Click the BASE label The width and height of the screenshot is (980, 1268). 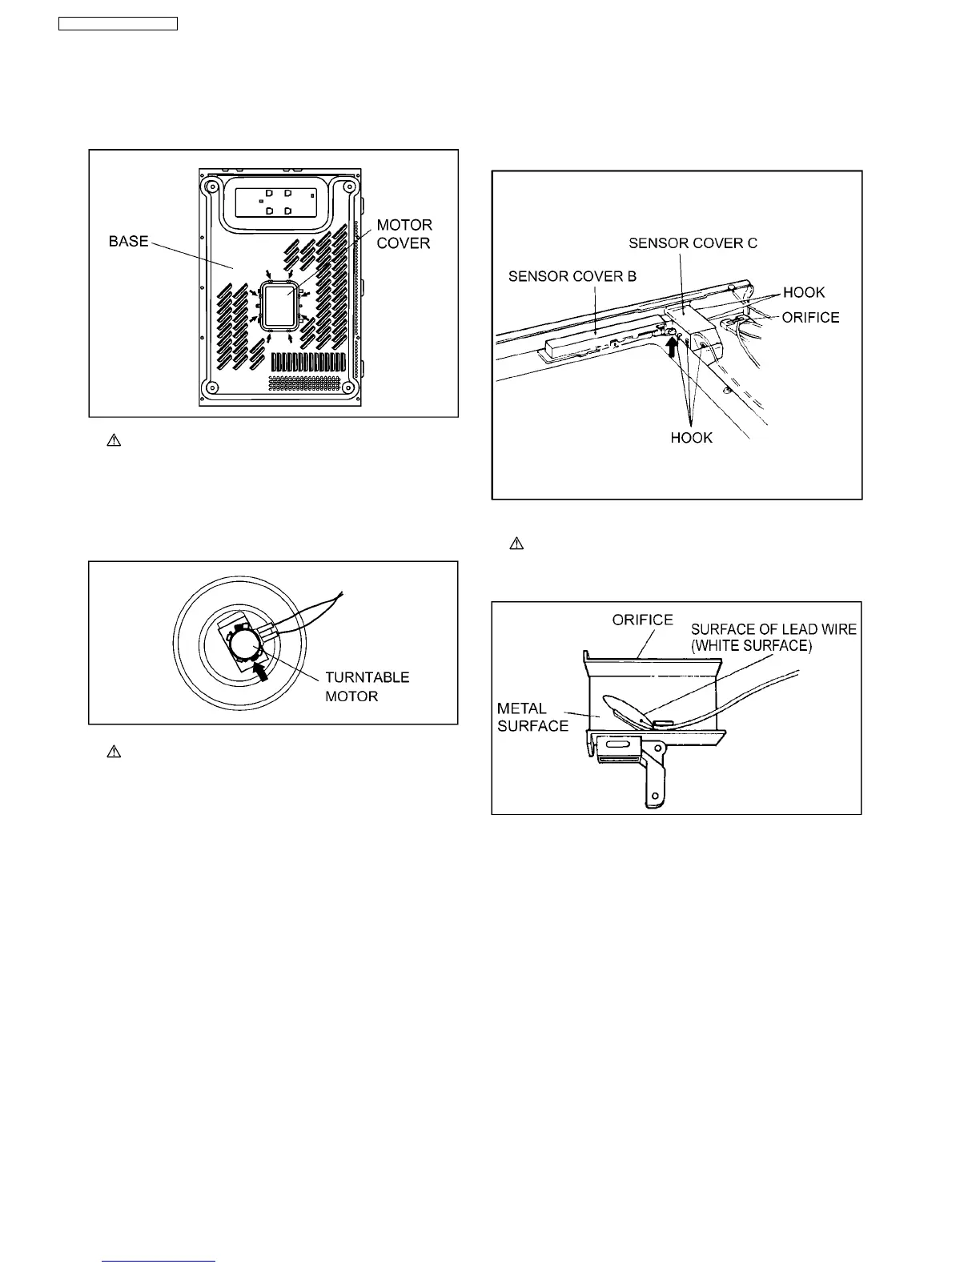pos(129,241)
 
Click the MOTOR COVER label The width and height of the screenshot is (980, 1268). pos(404,234)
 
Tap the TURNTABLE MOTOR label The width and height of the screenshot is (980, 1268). pos(367,687)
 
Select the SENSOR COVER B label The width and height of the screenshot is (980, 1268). pos(572,276)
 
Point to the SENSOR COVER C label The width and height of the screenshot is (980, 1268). pos(693,243)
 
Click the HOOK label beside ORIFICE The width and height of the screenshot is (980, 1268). pos(803,292)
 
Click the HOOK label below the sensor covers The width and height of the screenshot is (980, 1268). pos(691,438)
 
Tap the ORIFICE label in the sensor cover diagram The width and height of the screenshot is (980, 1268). pos(810,317)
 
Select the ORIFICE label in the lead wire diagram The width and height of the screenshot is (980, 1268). pos(642,620)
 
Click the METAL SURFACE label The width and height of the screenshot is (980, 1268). pos(532,717)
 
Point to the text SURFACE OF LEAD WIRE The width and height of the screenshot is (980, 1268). pos(773,629)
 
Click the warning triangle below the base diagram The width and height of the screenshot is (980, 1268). pos(114,441)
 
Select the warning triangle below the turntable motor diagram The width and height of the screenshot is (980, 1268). pos(114,752)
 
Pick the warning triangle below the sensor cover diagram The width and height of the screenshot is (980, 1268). pos(516,544)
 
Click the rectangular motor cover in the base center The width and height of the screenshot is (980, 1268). pos(279,304)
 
